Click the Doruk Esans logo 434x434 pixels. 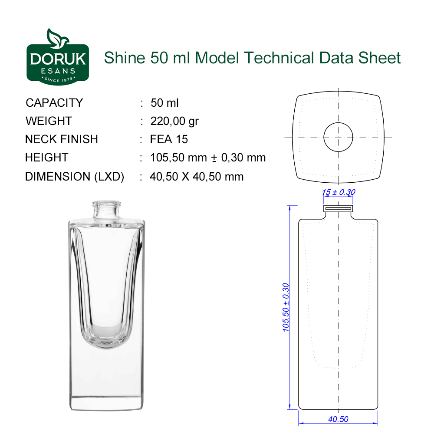point(58,57)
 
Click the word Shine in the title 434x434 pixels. point(125,58)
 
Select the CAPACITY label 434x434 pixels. point(54,103)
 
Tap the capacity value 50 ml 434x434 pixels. point(164,103)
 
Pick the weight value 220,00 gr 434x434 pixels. point(174,121)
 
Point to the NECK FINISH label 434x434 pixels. point(62,139)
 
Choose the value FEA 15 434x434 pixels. point(169,139)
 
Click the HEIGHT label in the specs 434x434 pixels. point(46,158)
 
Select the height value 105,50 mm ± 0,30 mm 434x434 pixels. point(207,158)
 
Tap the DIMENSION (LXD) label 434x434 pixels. point(75,177)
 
